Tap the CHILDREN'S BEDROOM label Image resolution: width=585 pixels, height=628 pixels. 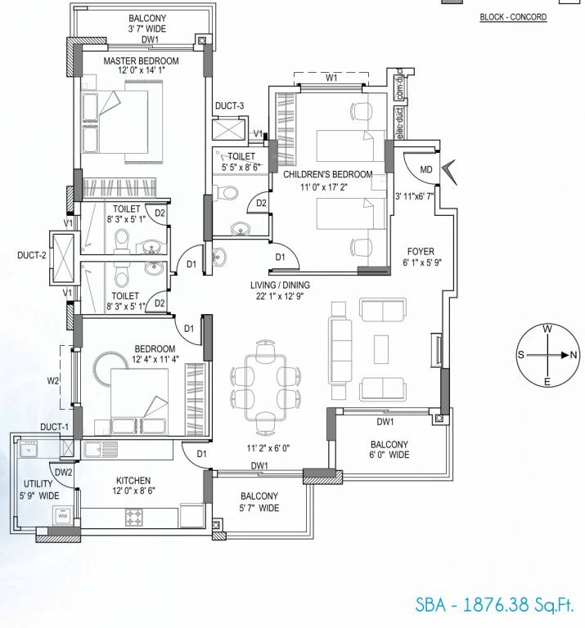pyautogui.click(x=327, y=174)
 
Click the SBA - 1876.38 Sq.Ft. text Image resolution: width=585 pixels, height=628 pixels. pyautogui.click(x=494, y=605)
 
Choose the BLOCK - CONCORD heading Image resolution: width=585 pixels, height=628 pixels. pyautogui.click(x=513, y=17)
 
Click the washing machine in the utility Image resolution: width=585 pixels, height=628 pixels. pyautogui.click(x=62, y=515)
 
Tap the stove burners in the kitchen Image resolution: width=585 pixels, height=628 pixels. pyautogui.click(x=134, y=516)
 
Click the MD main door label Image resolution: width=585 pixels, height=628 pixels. pyautogui.click(x=425, y=169)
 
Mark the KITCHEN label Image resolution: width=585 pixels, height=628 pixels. pyautogui.click(x=132, y=480)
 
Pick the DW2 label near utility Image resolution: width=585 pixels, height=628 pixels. pyautogui.click(x=62, y=471)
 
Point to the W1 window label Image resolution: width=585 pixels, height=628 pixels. pyautogui.click(x=331, y=78)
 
